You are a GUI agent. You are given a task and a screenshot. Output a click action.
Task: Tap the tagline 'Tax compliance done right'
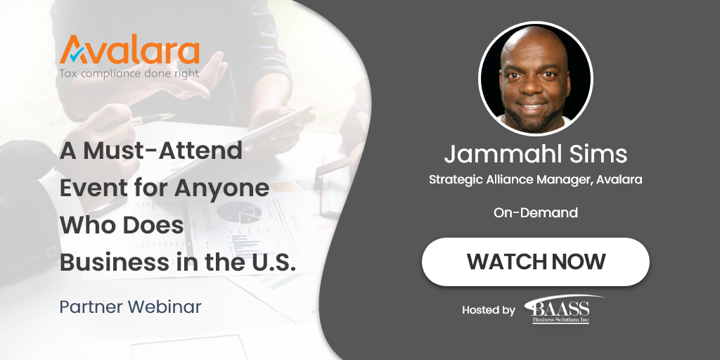[x=129, y=73]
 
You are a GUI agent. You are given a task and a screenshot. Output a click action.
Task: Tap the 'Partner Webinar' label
[x=130, y=307]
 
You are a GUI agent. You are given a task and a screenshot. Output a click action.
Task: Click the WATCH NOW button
[x=535, y=262]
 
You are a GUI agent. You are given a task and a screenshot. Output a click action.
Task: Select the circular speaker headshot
[x=536, y=79]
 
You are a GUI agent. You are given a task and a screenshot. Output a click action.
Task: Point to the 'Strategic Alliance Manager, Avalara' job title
[x=536, y=180]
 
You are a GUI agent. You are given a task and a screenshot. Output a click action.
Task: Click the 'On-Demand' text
[x=536, y=212]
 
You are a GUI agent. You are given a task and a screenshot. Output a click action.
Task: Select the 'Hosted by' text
[x=489, y=309]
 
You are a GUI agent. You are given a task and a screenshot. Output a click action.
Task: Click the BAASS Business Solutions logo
[x=561, y=309]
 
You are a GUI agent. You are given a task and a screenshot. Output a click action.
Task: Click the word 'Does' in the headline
[x=152, y=225]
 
